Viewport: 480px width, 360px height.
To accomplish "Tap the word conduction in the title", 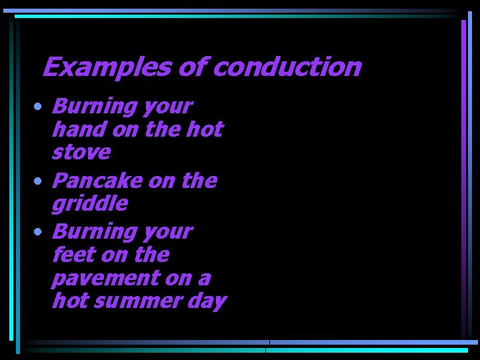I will (x=288, y=67).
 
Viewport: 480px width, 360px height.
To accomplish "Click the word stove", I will (x=81, y=153).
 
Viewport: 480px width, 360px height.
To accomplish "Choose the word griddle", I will (x=89, y=204).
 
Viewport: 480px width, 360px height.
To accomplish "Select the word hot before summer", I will (x=68, y=301).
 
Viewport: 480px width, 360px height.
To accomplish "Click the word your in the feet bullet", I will (x=169, y=232).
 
